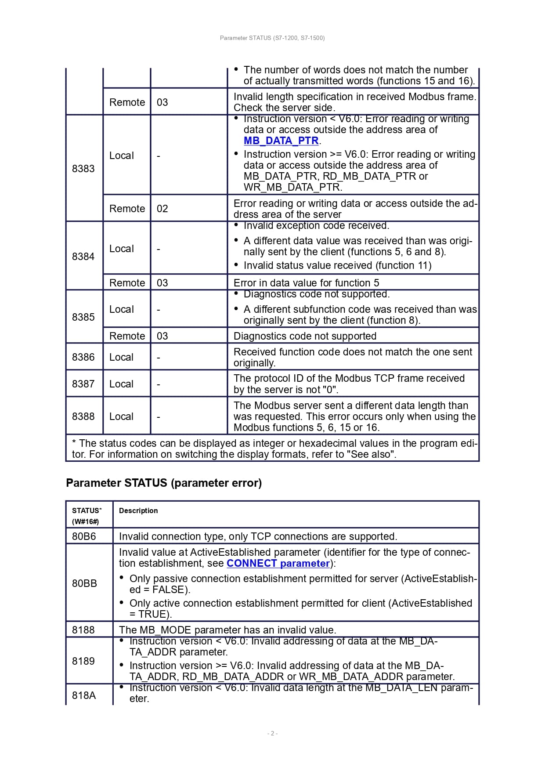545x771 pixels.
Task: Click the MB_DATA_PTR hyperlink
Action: pos(281,141)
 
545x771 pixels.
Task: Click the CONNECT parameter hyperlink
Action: pos(278,564)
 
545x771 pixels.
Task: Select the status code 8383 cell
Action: pos(83,169)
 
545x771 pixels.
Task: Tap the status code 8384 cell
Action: pos(83,257)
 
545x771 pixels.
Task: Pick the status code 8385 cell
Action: pos(83,317)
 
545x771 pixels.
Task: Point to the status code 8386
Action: pos(83,358)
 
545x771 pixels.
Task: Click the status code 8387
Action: pos(83,384)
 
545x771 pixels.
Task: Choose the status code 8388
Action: pos(83,416)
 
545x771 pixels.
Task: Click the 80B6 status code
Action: pos(84,536)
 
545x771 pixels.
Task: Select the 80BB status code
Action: pos(84,583)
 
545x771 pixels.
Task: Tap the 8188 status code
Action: pos(83,630)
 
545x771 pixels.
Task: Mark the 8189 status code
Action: pos(83,661)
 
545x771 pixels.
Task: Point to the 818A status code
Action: pos(84,695)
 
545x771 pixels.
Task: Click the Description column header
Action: pos(138,511)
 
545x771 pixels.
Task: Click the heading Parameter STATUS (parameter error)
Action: pos(164,483)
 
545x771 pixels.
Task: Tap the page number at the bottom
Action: pos(272,733)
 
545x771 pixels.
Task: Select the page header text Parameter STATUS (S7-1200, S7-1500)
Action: pos(272,38)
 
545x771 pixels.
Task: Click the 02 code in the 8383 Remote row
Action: pos(162,209)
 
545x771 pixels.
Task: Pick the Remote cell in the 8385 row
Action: pos(127,336)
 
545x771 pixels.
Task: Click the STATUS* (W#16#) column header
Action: pos(87,516)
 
